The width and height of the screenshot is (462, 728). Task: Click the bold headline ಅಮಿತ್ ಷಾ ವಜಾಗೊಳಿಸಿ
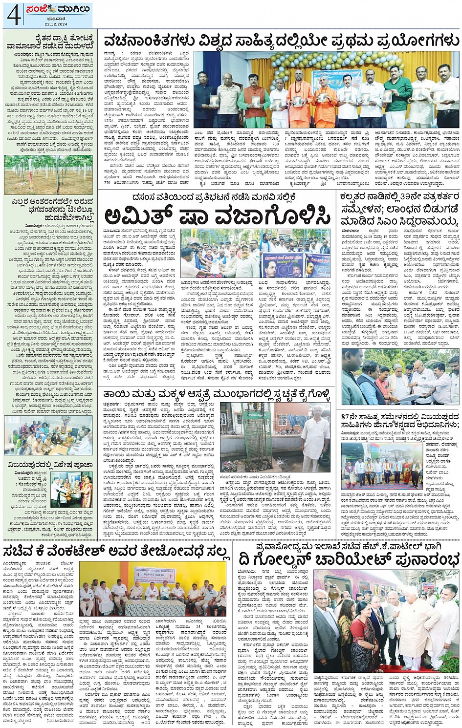pos(218,216)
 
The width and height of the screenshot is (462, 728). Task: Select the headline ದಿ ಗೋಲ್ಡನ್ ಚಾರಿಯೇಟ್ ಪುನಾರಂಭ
pos(347,557)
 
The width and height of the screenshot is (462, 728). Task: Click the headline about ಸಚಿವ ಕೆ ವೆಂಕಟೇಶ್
pos(116,551)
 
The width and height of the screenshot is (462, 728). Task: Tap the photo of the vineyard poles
pos(48,175)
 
